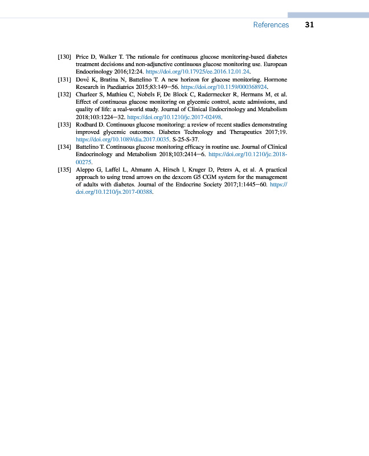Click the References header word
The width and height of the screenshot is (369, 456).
click(270, 25)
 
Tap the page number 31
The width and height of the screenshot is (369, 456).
click(310, 25)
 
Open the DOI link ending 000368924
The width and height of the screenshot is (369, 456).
click(224, 87)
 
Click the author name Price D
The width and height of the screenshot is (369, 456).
click(85, 58)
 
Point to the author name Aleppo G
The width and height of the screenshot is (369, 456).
click(88, 169)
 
